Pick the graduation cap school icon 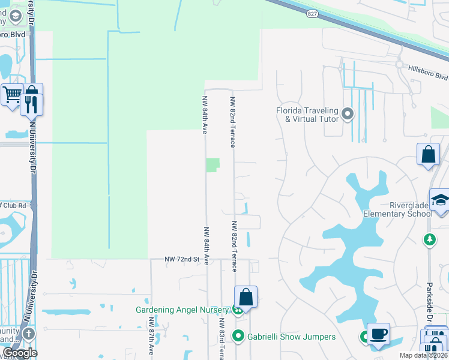pyautogui.click(x=440, y=200)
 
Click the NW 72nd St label pyautogui.click(x=182, y=259)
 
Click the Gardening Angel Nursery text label pyautogui.click(x=182, y=310)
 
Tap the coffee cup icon pyautogui.click(x=378, y=334)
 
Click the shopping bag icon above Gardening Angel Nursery pyautogui.click(x=246, y=296)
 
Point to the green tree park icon pyautogui.click(x=430, y=240)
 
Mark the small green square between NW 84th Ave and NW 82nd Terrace pyautogui.click(x=212, y=164)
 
